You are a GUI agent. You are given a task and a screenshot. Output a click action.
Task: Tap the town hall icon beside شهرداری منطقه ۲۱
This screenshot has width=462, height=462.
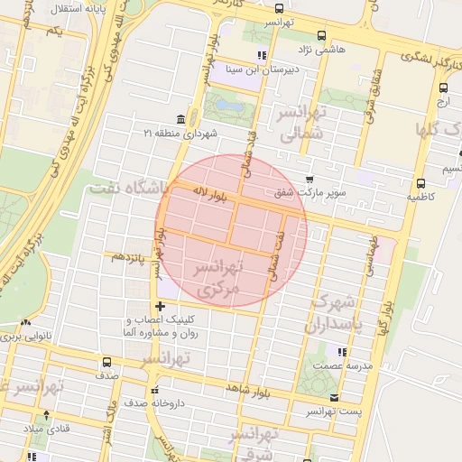180,120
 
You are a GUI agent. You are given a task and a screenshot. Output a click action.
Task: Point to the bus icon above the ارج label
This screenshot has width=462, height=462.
443,88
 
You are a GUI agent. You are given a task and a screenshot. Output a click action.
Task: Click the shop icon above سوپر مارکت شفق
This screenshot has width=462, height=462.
310,179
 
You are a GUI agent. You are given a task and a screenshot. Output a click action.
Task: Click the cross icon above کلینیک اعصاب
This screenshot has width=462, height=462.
161,306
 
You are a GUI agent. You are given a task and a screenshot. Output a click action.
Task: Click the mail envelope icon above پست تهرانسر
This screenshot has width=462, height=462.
334,397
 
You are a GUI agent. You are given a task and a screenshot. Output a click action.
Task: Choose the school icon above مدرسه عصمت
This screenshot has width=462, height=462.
340,352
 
